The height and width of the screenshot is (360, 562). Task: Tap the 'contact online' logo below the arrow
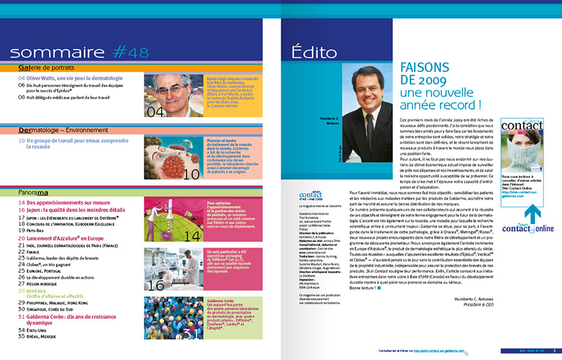(532, 227)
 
